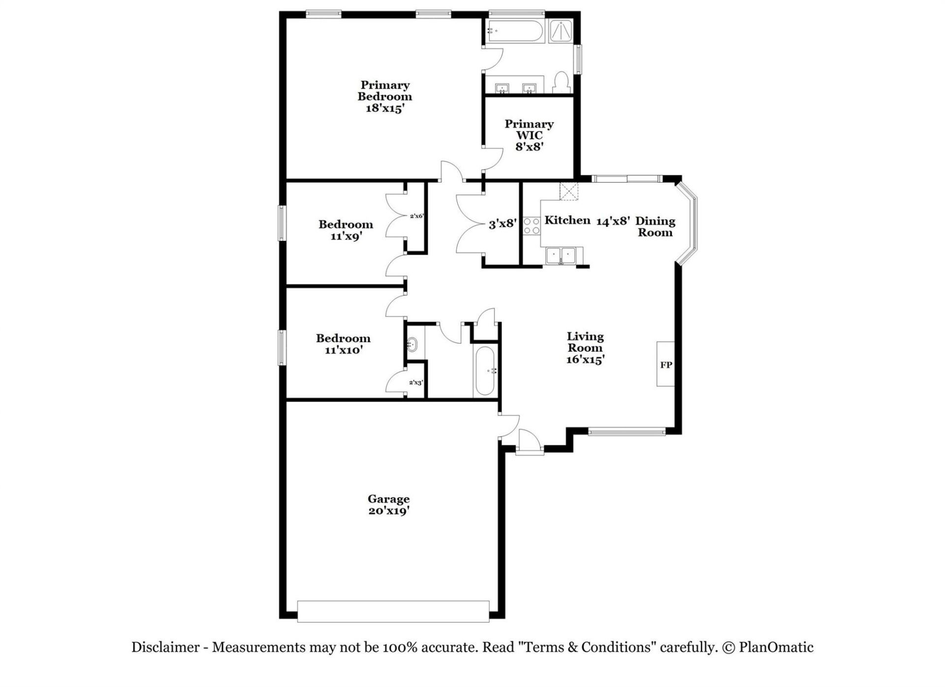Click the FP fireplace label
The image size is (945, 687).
click(x=666, y=365)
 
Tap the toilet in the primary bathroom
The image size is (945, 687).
click(x=561, y=82)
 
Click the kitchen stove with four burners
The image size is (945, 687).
click(x=531, y=226)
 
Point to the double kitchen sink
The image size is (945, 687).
click(x=561, y=256)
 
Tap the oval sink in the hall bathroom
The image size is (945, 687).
click(x=412, y=344)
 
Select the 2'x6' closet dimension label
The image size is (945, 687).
click(x=416, y=216)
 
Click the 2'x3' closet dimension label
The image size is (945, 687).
click(x=416, y=382)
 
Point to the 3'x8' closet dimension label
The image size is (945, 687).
click(x=503, y=225)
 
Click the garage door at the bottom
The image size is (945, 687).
click(x=393, y=611)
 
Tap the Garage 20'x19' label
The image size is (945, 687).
click(x=389, y=505)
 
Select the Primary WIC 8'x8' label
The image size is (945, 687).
click(x=529, y=135)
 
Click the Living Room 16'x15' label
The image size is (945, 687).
click(x=585, y=348)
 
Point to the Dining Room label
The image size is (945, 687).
click(x=655, y=227)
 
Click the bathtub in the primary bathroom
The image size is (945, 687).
click(x=515, y=31)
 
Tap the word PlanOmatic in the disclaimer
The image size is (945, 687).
click(x=776, y=647)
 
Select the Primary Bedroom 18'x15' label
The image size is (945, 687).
click(x=385, y=97)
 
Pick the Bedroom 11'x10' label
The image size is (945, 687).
click(x=344, y=344)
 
